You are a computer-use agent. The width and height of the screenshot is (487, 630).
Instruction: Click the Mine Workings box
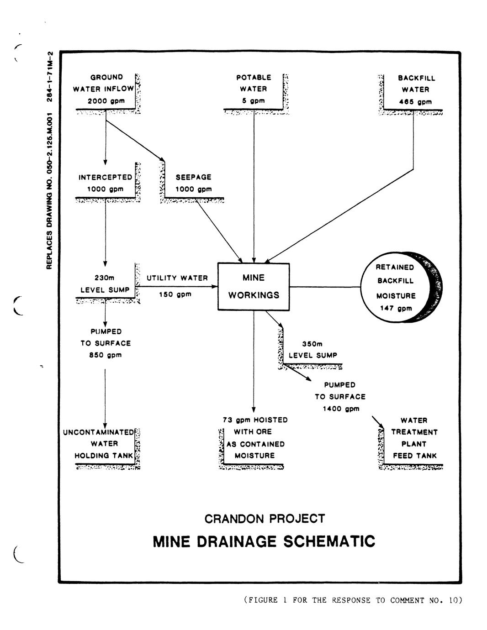254,287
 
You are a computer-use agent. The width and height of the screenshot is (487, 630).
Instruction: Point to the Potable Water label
254,83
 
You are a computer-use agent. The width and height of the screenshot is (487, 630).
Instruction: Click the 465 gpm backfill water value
415,102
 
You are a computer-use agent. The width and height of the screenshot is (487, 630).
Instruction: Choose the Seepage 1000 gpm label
194,183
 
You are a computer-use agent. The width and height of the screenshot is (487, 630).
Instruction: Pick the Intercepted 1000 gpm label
106,183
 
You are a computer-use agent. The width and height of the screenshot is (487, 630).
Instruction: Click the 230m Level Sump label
105,283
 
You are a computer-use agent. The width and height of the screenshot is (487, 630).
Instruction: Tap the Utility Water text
177,278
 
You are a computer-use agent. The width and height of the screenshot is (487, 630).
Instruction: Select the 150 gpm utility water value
175,294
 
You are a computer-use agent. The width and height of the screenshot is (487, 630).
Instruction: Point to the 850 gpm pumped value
106,355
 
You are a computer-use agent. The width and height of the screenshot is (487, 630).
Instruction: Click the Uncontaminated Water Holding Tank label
98,443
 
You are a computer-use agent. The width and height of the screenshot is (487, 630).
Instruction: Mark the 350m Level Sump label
313,350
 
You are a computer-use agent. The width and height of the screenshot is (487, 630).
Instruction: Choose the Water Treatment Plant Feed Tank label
414,438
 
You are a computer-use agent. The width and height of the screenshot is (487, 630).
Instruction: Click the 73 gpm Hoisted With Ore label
255,437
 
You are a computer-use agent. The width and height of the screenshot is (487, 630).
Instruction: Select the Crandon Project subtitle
265,519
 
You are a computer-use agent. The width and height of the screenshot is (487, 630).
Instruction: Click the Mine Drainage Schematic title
264,542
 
